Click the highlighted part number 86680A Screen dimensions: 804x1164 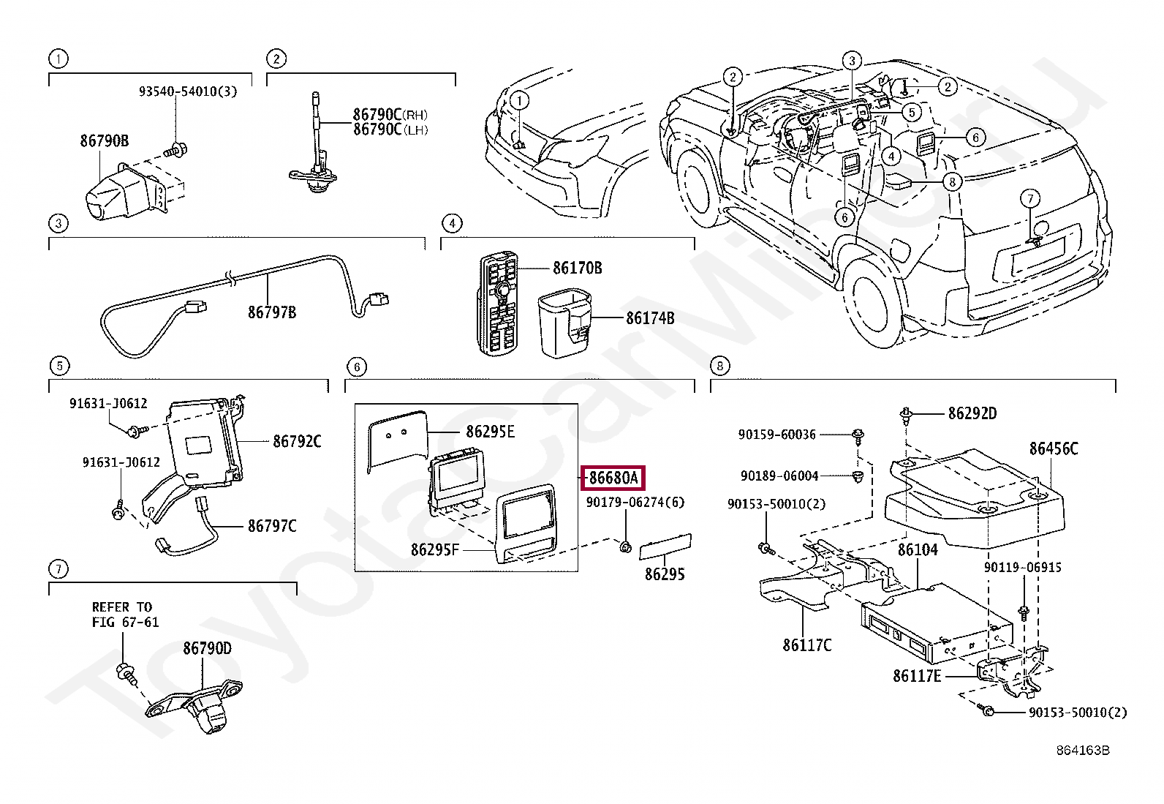point(613,478)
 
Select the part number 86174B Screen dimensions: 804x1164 point(650,318)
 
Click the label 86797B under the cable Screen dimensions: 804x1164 point(272,312)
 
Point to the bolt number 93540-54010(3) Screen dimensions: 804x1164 point(188,91)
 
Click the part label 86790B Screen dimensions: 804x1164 point(105,140)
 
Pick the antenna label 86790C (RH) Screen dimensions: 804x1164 point(390,115)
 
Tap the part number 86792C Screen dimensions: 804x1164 point(297,441)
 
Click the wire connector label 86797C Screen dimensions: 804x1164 point(272,525)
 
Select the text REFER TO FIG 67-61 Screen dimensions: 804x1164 point(125,615)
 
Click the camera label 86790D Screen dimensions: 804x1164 point(207,648)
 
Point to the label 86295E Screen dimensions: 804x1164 point(490,432)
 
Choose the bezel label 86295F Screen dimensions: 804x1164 point(435,549)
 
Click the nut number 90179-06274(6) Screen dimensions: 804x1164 point(635,503)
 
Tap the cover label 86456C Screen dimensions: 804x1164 point(1054,448)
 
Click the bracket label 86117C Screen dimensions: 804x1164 point(806,645)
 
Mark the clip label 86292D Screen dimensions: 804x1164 point(972,413)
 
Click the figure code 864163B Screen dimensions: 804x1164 point(1082,751)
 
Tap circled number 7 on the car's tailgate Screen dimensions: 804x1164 point(1029,198)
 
